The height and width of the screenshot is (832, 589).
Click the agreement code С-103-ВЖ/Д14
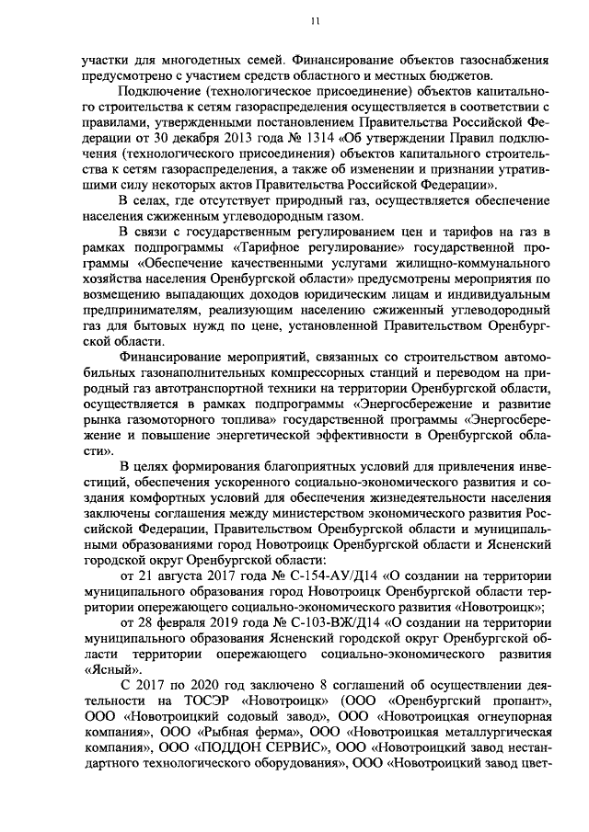[329, 622]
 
